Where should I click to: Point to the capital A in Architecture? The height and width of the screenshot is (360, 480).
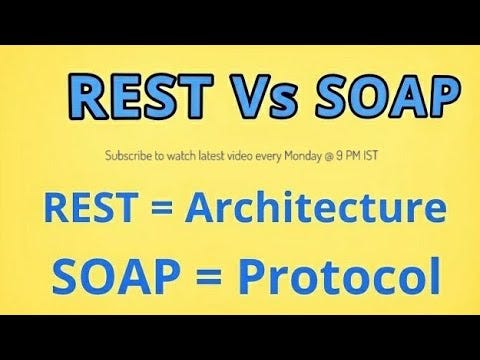pos(195,210)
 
